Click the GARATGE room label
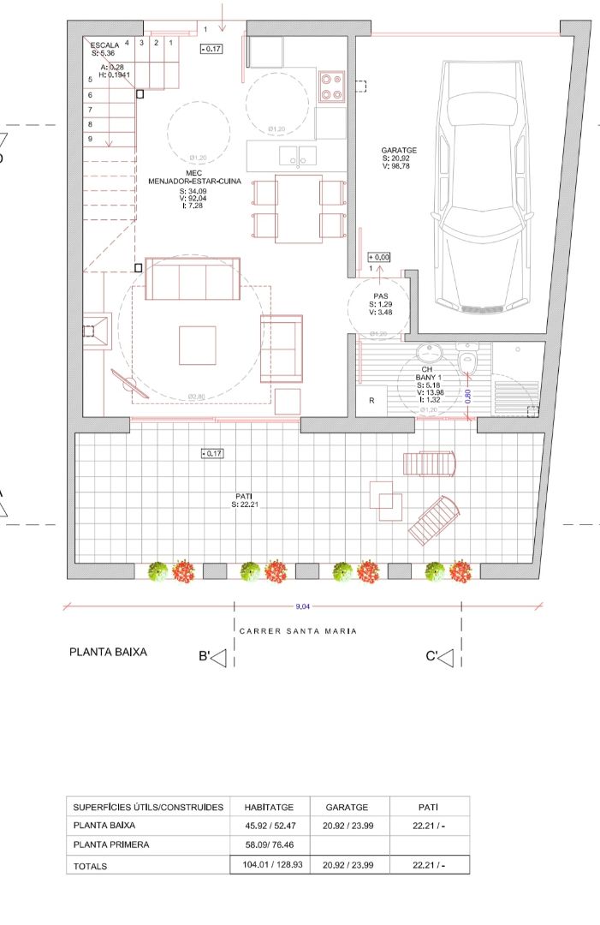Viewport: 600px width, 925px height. [397, 151]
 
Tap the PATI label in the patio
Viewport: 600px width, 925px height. [244, 496]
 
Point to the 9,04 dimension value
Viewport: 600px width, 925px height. [302, 606]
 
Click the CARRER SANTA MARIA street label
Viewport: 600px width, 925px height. [298, 631]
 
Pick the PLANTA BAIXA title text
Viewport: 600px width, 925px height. [108, 652]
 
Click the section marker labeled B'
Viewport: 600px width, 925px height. [212, 658]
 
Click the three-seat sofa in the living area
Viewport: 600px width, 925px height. [192, 278]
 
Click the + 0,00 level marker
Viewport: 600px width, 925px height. [378, 257]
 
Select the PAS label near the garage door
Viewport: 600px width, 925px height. [381, 295]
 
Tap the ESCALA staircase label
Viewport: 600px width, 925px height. [104, 45]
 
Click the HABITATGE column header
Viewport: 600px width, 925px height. [269, 807]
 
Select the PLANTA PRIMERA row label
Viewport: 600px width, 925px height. [111, 844]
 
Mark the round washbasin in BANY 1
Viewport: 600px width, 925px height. [428, 353]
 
